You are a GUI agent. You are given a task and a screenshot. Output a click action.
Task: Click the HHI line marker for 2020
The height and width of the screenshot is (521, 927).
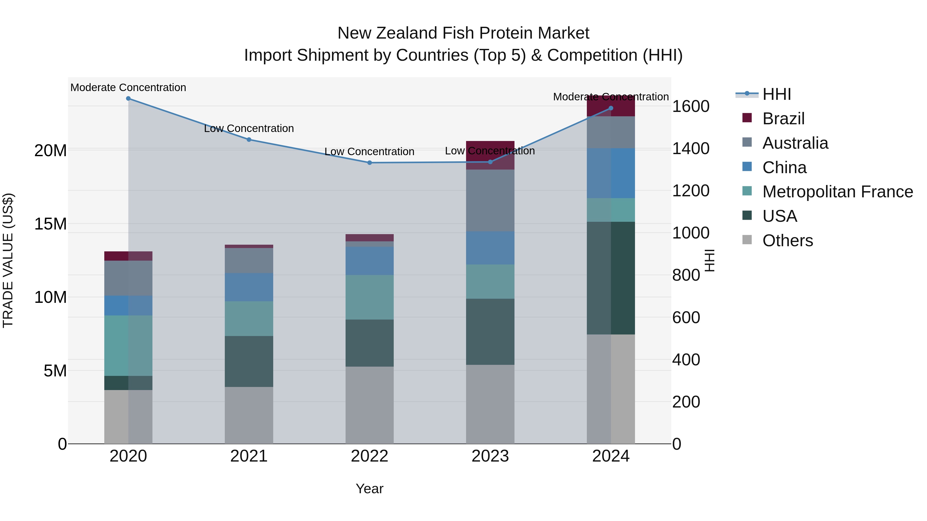[x=128, y=99]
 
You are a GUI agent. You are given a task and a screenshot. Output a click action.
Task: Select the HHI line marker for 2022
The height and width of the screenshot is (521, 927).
[x=369, y=163]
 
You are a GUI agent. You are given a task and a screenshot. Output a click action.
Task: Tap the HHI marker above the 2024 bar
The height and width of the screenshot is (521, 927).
[x=611, y=108]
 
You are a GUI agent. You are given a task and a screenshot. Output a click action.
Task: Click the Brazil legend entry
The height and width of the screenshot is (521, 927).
[x=783, y=119]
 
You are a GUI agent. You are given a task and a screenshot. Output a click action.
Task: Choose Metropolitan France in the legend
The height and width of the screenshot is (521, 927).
[x=837, y=192]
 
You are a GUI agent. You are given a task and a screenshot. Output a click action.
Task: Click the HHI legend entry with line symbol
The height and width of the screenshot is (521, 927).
[x=776, y=94]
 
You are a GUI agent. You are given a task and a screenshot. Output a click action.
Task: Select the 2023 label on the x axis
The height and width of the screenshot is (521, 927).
[x=490, y=456]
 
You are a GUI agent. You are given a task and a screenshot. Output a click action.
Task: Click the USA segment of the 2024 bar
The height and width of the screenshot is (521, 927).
[x=611, y=278]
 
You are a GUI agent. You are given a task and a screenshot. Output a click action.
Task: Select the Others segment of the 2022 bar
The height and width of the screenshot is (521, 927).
[x=369, y=405]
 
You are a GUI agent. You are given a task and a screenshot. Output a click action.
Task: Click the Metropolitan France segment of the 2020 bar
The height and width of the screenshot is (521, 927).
[x=128, y=346]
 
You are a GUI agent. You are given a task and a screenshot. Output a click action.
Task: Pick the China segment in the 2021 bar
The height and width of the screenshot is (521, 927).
[x=249, y=287]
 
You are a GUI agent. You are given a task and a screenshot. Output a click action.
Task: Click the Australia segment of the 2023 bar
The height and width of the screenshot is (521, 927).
[x=490, y=200]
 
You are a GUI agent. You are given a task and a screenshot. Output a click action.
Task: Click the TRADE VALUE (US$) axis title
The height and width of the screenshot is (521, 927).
[x=8, y=260]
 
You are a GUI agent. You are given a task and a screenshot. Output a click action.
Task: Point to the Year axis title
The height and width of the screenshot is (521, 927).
[x=369, y=489]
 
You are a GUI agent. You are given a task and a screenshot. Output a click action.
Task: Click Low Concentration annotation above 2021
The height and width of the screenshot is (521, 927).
[x=249, y=128]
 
